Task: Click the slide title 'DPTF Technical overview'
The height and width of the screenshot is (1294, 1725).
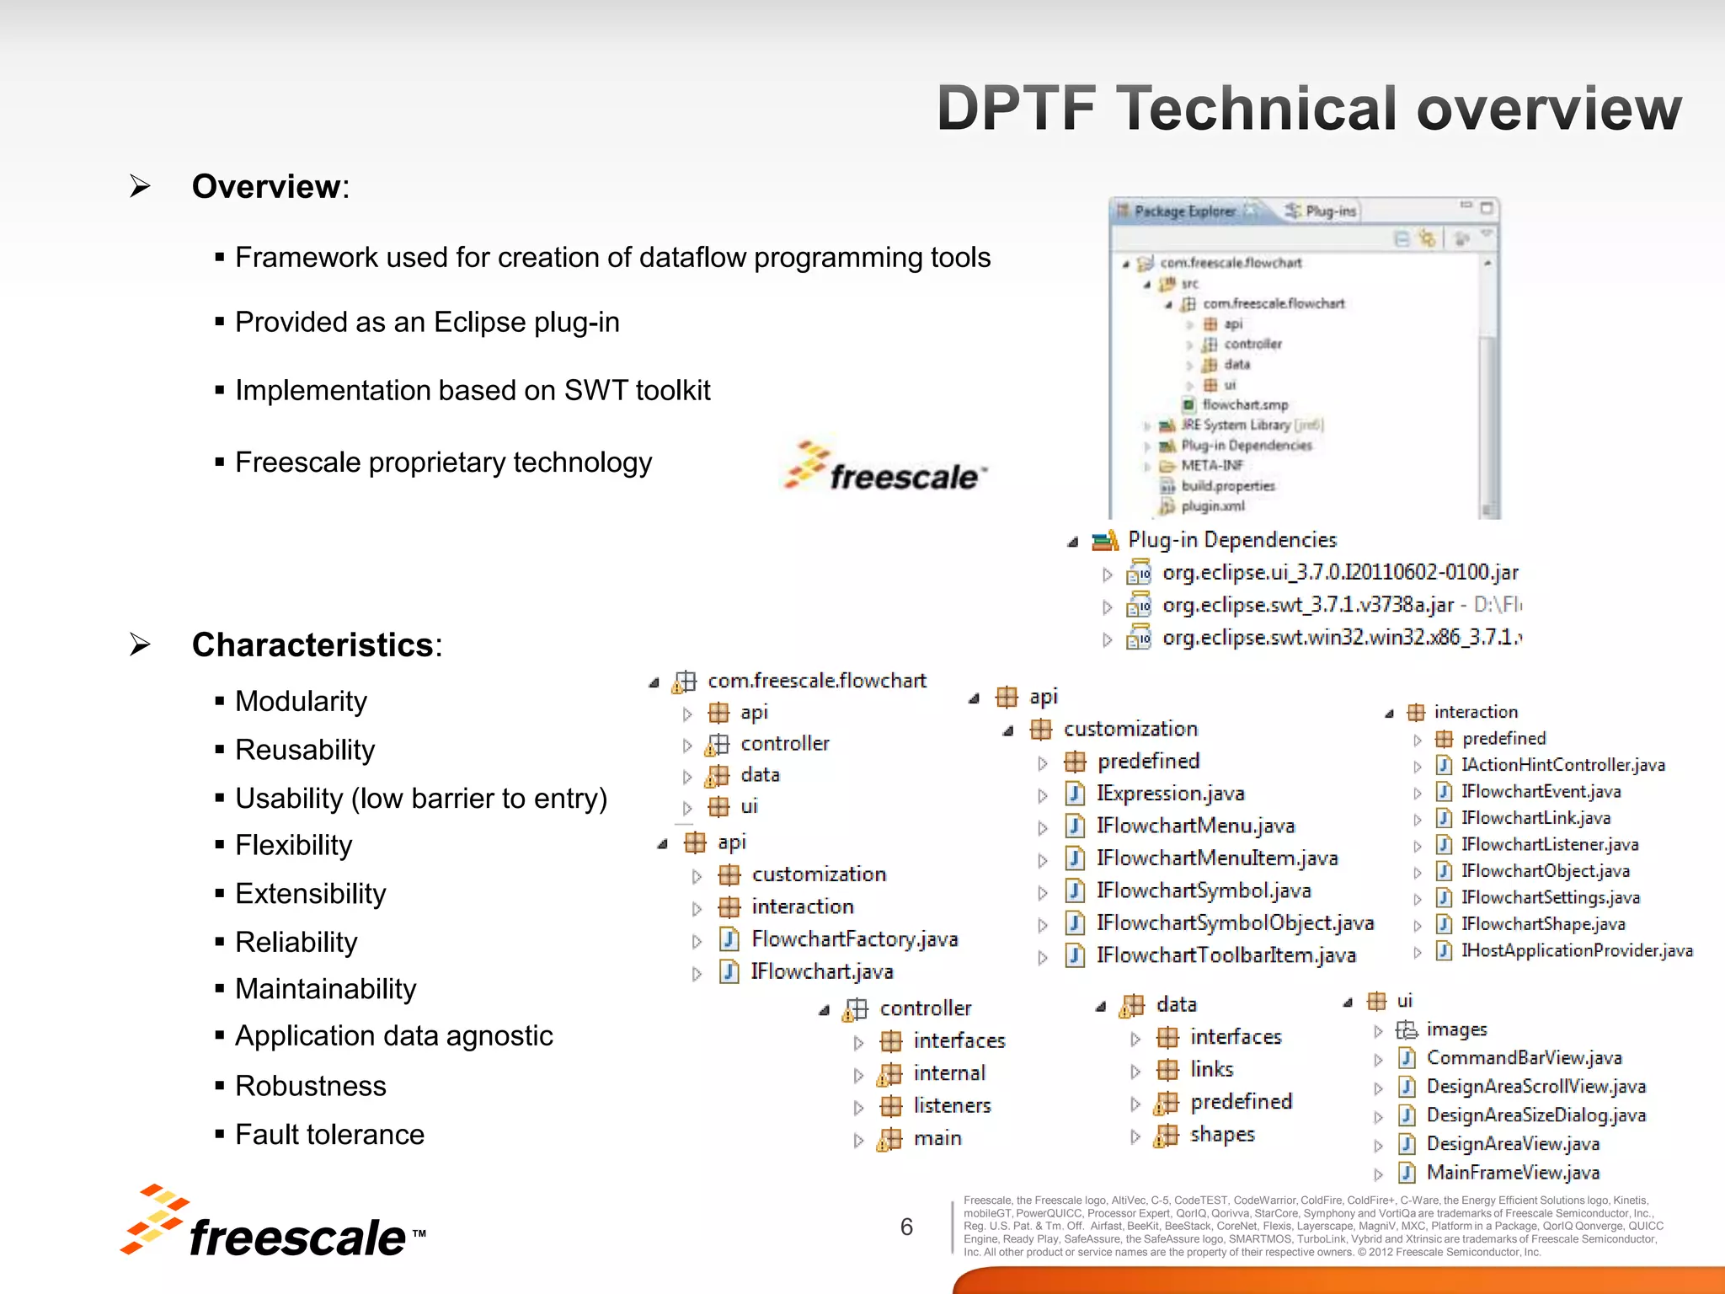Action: click(1309, 110)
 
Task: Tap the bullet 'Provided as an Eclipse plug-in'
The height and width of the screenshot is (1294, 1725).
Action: click(427, 323)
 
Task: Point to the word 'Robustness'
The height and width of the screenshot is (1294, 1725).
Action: click(311, 1086)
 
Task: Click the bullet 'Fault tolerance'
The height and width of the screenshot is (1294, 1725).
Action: click(329, 1135)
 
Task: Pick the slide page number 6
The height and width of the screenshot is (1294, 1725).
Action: click(906, 1227)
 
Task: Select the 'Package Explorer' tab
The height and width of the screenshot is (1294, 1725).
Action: click(1183, 211)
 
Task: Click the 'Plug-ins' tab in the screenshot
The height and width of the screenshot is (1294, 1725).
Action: click(1330, 211)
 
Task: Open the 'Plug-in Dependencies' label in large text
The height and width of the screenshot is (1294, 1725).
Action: click(1231, 540)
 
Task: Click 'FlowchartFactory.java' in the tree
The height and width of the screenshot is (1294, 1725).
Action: click(854, 939)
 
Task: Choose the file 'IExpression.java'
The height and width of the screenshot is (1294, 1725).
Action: click(1170, 794)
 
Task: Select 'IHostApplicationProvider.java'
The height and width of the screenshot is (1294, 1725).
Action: click(1576, 951)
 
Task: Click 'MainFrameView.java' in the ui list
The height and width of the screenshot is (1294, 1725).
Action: click(1513, 1173)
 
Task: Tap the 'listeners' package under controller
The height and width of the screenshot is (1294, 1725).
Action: click(952, 1105)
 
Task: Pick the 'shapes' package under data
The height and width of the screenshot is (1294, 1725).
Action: click(1221, 1135)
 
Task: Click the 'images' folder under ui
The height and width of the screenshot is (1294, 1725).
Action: click(1456, 1029)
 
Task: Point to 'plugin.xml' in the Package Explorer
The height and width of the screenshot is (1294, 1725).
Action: click(1212, 506)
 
